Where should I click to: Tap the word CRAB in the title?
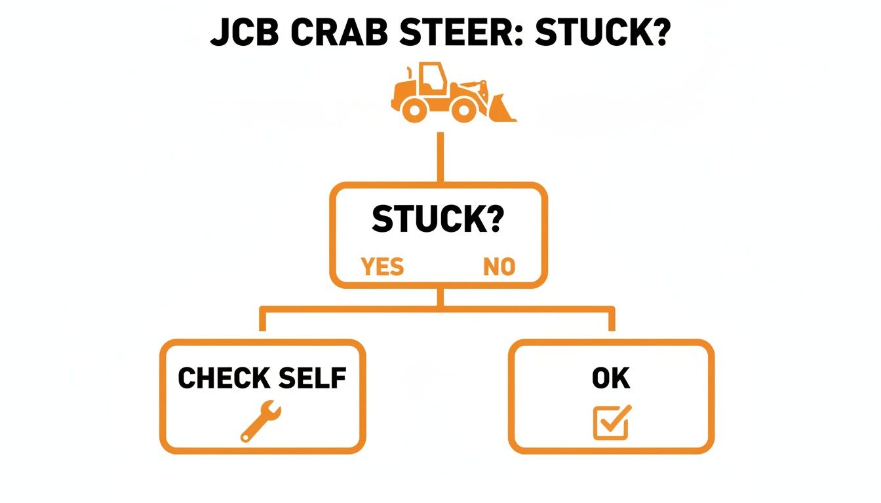[342, 33]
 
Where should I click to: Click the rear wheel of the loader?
[414, 109]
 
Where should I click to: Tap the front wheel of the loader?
[465, 109]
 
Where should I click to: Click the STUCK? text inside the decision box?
[437, 219]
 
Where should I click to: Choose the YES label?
[383, 267]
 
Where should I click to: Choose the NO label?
[499, 267]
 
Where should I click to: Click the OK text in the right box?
[611, 379]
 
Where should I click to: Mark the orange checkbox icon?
[612, 422]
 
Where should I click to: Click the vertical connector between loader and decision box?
[440, 157]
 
